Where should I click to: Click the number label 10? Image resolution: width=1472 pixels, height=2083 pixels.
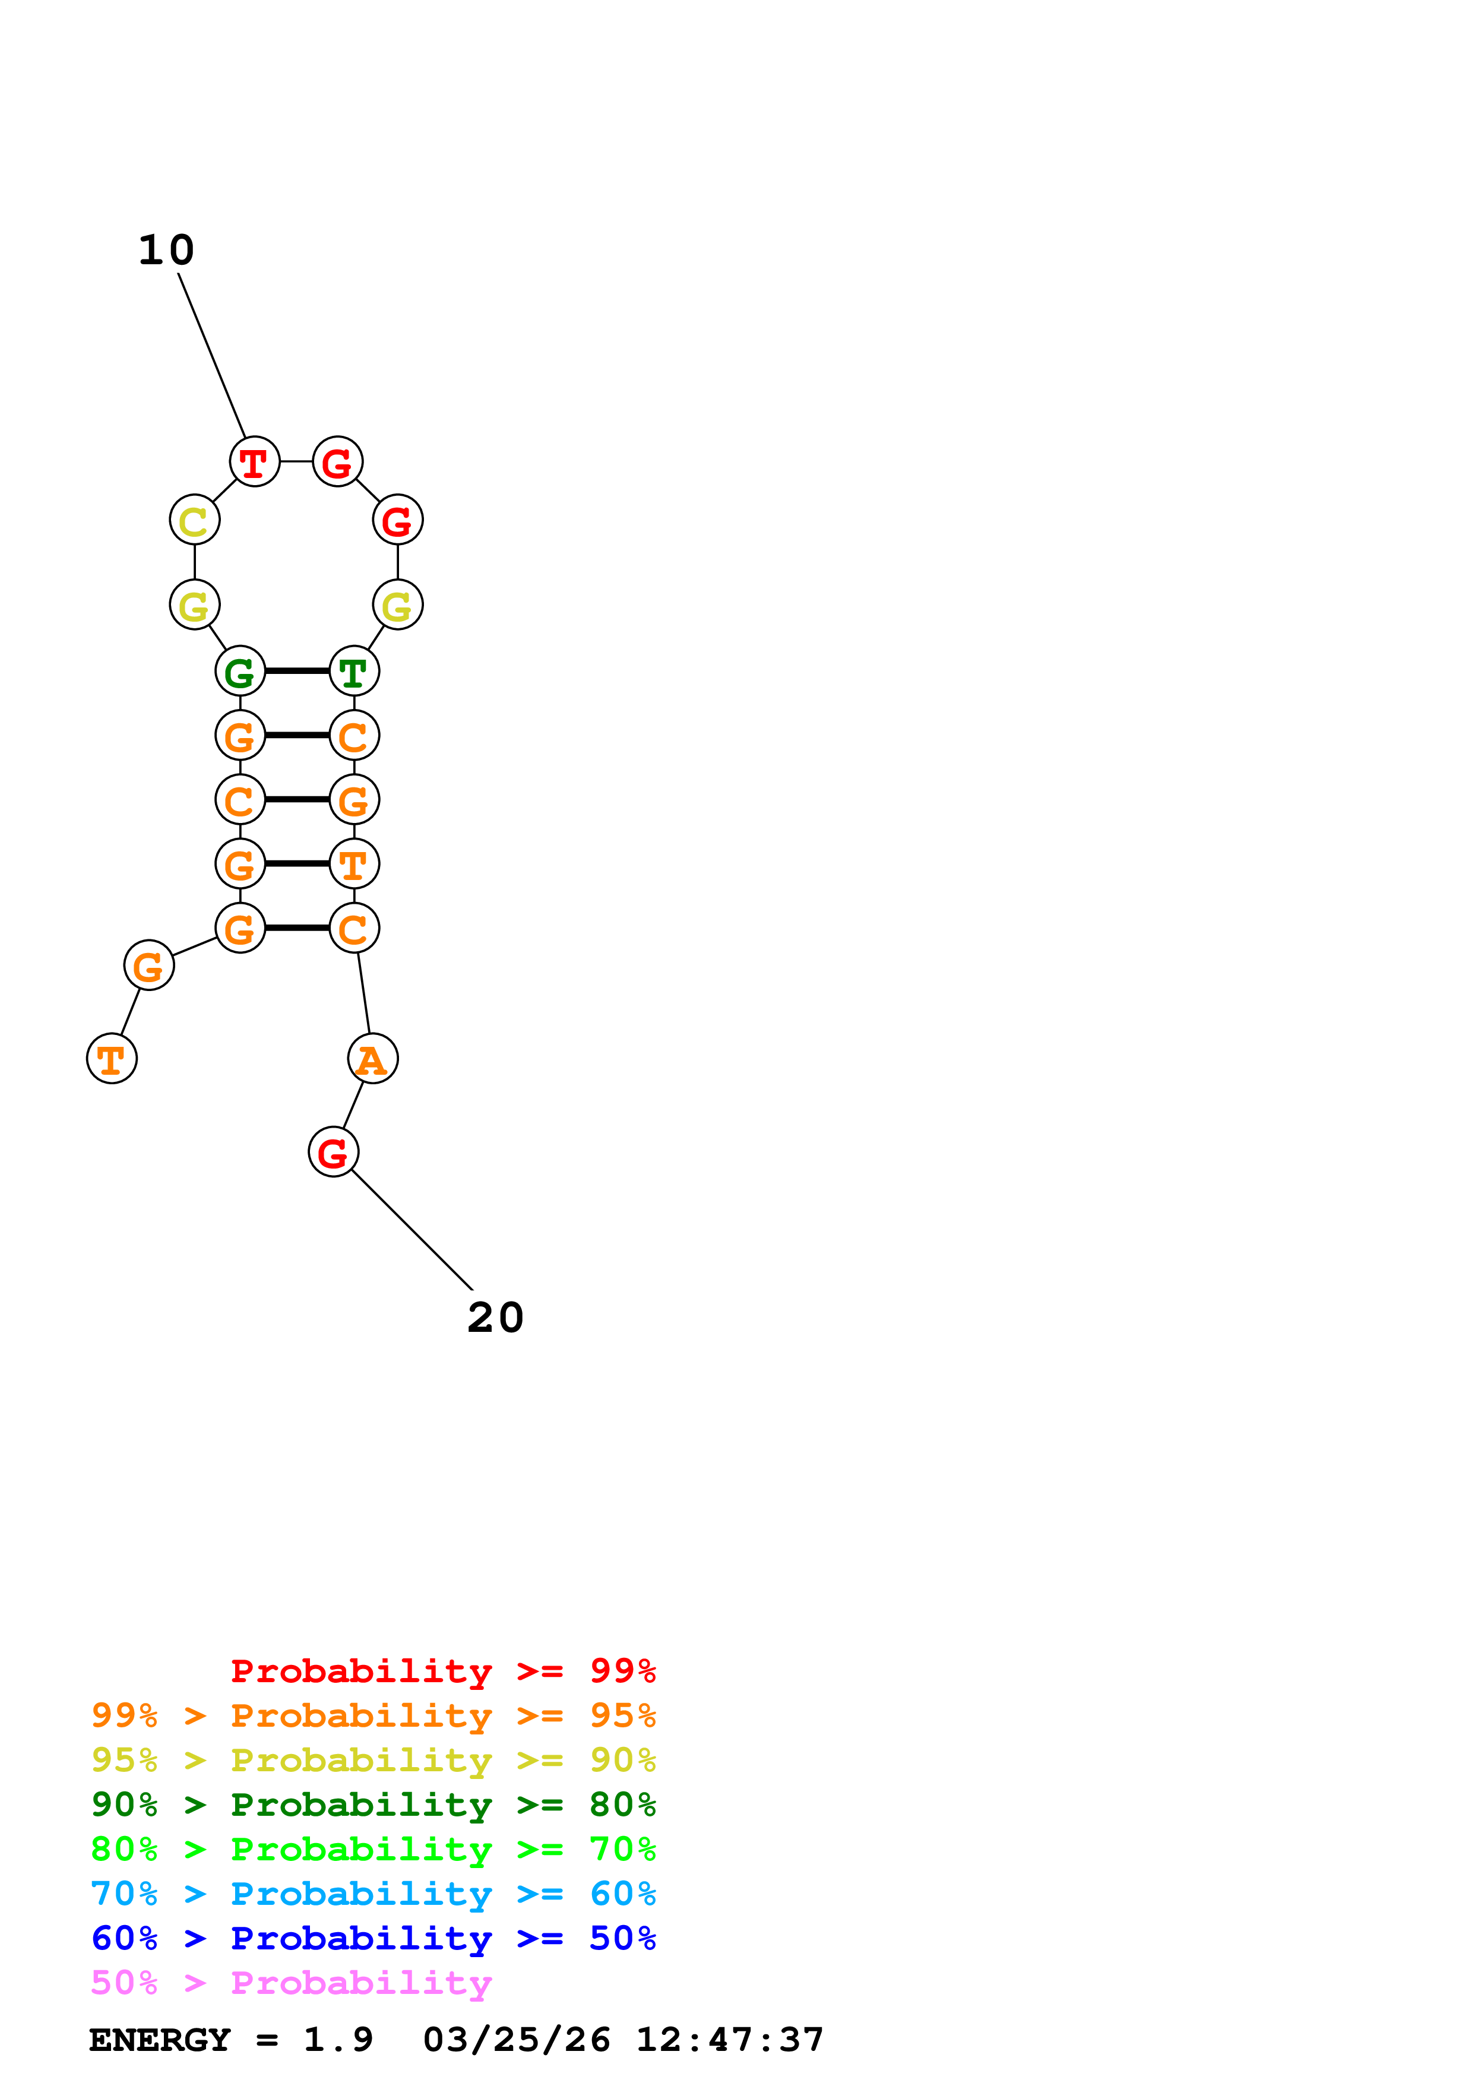point(166,251)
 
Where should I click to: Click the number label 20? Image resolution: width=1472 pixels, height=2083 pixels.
point(495,1318)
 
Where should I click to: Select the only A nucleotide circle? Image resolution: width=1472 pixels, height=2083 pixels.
point(373,1059)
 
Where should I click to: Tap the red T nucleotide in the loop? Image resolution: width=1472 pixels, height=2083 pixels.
point(255,462)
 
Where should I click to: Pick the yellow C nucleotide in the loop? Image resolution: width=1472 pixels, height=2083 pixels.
point(194,521)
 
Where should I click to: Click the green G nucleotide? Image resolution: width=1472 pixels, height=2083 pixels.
point(240,672)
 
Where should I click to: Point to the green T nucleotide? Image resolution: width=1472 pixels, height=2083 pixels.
point(354,672)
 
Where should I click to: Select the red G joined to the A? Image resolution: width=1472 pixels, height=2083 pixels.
point(334,1152)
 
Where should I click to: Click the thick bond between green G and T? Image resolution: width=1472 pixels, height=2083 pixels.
point(296,672)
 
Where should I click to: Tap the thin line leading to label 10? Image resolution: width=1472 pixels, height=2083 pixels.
point(212,356)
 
